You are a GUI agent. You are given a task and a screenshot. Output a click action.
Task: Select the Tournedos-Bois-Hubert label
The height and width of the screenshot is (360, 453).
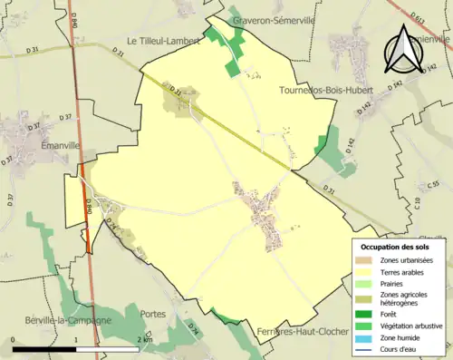[x=316, y=92]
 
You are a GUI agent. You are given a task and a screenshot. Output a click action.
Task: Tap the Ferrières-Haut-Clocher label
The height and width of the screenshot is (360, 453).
[x=303, y=332]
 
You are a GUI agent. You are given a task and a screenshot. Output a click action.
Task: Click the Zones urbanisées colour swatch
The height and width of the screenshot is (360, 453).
[x=363, y=261]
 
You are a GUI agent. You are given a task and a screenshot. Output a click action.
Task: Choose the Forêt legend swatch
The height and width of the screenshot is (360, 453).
[x=363, y=314]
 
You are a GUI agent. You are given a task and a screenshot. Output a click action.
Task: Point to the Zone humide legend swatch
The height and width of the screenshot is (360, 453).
[x=363, y=337]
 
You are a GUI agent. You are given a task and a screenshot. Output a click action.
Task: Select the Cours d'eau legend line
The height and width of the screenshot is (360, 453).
[x=363, y=349]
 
